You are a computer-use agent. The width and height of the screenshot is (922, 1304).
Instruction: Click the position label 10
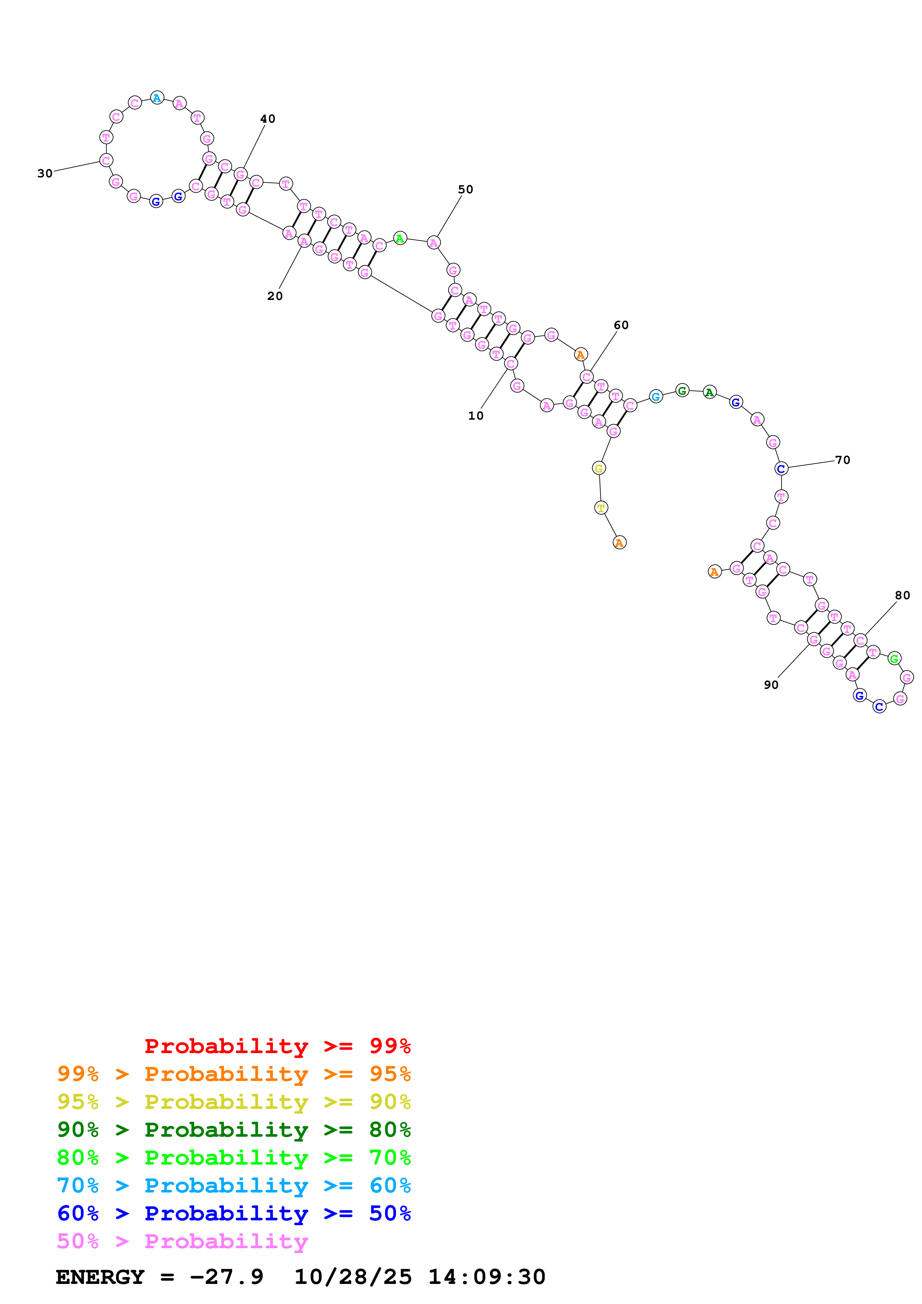[475, 416]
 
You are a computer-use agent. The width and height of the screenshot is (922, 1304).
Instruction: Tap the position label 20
[275, 296]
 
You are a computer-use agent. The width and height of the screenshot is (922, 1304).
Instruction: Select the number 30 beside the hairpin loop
[45, 173]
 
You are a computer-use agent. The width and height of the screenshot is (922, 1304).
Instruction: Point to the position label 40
[267, 119]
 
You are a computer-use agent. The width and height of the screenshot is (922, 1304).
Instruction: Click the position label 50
[465, 189]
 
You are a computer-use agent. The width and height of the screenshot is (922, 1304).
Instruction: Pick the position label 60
[621, 325]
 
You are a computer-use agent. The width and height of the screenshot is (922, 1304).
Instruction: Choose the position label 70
[842, 460]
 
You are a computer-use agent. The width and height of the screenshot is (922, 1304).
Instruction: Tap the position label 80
[902, 595]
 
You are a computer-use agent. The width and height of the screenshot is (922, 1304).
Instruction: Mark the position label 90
[771, 685]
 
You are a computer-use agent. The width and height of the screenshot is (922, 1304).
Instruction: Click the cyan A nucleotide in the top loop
[157, 98]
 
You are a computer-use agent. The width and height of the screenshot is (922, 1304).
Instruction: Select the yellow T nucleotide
[600, 508]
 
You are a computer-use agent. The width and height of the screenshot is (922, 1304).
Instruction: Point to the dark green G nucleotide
[682, 391]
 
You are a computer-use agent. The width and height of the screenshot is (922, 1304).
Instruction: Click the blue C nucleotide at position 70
[781, 468]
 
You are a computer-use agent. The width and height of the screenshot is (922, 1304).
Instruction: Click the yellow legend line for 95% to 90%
[234, 1102]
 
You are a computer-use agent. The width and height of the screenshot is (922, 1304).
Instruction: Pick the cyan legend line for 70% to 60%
[234, 1185]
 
